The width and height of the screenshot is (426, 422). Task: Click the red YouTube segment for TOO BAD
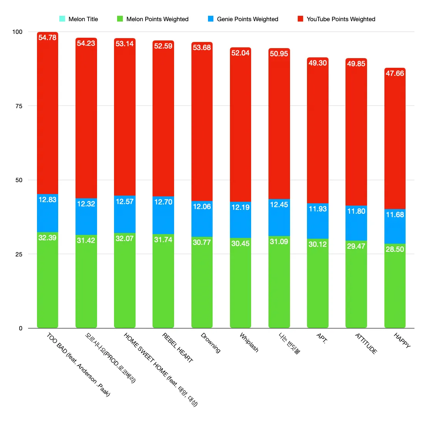coord(47,116)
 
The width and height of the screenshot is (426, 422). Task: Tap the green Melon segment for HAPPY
coord(395,289)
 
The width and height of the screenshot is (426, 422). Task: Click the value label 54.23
coord(86,44)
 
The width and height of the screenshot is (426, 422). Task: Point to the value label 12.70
coord(163,202)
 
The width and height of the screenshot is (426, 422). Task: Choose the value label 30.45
coord(240,243)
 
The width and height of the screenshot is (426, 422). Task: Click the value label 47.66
coord(395,73)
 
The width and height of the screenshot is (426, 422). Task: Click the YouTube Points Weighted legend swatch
coord(300,18)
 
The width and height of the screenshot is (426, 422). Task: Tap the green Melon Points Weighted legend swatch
coord(120,18)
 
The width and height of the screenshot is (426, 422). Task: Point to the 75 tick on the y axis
coord(19,106)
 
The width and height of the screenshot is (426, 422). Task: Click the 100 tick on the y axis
coord(17,32)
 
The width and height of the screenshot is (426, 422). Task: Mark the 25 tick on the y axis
coord(19,254)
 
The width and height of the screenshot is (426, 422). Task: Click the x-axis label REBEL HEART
coord(178,348)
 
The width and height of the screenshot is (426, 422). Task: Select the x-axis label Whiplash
coord(249,342)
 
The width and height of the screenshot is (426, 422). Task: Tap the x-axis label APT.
coord(322,338)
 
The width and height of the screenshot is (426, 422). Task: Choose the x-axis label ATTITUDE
coord(366,343)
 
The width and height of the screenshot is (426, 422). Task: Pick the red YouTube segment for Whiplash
coord(240,127)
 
